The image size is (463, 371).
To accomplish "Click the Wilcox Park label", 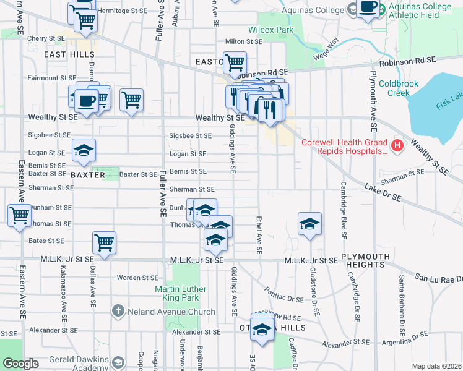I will coord(270,30).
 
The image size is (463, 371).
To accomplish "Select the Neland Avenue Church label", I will coord(163,312).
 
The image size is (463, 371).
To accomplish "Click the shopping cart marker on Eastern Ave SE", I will coord(20,215).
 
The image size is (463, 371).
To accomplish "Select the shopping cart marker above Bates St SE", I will coord(104,242).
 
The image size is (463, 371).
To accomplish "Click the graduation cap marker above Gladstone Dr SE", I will coord(309,223).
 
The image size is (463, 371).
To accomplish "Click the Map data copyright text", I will coord(436,366).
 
